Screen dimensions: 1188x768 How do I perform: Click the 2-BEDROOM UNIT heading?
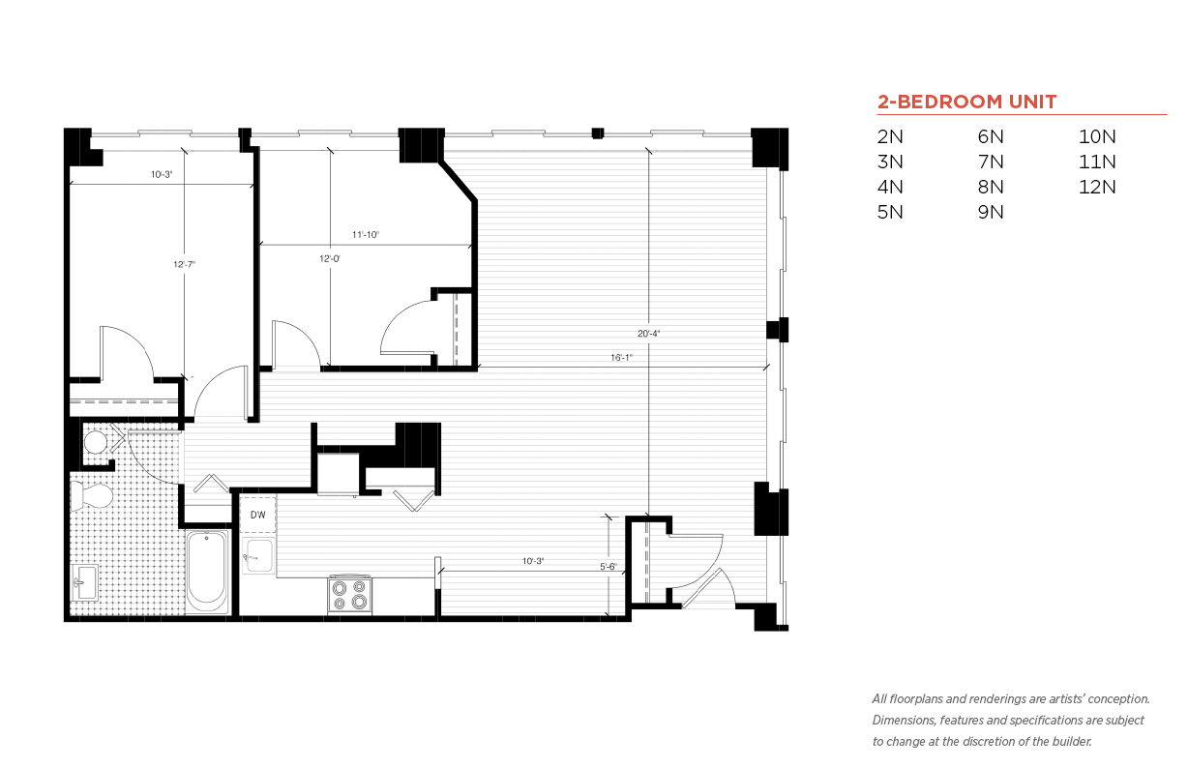[x=966, y=102]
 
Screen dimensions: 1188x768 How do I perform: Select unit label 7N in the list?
[x=991, y=162]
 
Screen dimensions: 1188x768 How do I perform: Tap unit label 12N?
[x=1097, y=187]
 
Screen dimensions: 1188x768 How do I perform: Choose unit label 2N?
[x=890, y=136]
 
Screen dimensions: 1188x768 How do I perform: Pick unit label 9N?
[x=991, y=212]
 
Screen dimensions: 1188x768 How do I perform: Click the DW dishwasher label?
[x=257, y=515]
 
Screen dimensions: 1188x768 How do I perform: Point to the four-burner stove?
[x=349, y=595]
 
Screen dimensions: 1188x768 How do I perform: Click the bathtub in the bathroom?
[x=207, y=572]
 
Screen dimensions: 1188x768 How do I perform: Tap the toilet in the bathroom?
[x=91, y=496]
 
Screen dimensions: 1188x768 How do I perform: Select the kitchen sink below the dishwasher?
[x=258, y=556]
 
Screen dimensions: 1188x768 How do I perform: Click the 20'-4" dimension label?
[x=648, y=333]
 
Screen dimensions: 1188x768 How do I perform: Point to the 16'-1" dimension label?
[x=622, y=358]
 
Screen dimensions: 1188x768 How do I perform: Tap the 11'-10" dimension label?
[x=366, y=234]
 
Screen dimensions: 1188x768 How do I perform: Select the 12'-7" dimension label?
[x=185, y=264]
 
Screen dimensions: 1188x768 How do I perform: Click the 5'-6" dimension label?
[x=609, y=567]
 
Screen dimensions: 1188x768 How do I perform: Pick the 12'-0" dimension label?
[x=329, y=258]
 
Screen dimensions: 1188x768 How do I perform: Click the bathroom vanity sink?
[x=85, y=583]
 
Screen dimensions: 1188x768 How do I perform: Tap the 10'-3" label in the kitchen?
[x=533, y=561]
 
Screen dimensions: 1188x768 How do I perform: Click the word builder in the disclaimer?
[x=1072, y=742]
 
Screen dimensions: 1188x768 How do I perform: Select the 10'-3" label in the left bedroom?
[x=162, y=174]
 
